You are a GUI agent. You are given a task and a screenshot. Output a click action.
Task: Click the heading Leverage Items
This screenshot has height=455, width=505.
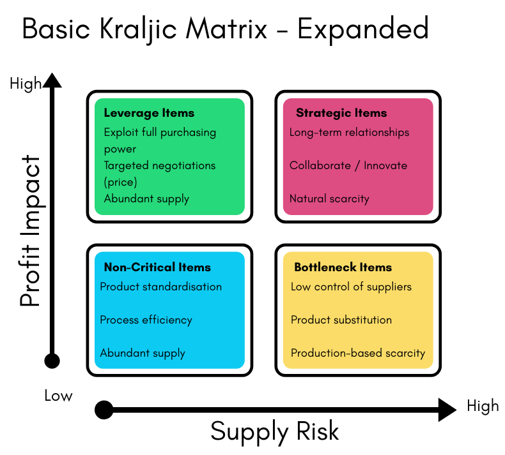[x=149, y=113]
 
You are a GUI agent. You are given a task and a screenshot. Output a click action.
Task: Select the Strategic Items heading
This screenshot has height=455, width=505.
[x=341, y=113]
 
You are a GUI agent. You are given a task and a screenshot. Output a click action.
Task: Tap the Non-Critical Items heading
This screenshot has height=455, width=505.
[x=157, y=267]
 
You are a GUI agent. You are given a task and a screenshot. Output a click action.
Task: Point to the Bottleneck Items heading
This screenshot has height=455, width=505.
[x=343, y=267]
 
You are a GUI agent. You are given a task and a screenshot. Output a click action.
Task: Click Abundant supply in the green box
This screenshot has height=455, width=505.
[x=146, y=198]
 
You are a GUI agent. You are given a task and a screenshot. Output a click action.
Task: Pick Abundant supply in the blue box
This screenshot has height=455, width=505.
[x=143, y=353]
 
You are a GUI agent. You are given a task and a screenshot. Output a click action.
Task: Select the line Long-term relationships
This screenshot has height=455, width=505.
[x=349, y=133]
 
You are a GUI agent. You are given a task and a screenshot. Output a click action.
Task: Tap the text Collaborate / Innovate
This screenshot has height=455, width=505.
[x=348, y=166]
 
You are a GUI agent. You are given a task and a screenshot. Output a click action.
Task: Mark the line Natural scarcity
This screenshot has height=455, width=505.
[x=329, y=198]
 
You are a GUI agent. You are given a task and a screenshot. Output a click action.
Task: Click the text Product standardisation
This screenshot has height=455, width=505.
[x=160, y=287]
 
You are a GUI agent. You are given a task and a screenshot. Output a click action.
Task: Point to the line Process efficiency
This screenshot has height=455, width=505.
[x=146, y=320]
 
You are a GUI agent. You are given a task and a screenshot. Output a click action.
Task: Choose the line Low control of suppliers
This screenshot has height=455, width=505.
[x=351, y=287]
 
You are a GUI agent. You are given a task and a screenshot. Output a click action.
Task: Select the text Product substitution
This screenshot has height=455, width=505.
[x=341, y=320]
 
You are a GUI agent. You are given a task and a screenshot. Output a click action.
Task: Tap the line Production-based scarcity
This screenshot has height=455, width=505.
[x=358, y=353]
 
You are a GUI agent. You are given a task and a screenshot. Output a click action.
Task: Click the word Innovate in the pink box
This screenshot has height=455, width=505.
[x=385, y=166]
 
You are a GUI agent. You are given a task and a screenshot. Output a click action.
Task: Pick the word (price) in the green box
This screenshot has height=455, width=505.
[x=121, y=182]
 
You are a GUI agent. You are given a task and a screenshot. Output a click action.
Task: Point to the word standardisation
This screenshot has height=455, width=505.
[x=182, y=287]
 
